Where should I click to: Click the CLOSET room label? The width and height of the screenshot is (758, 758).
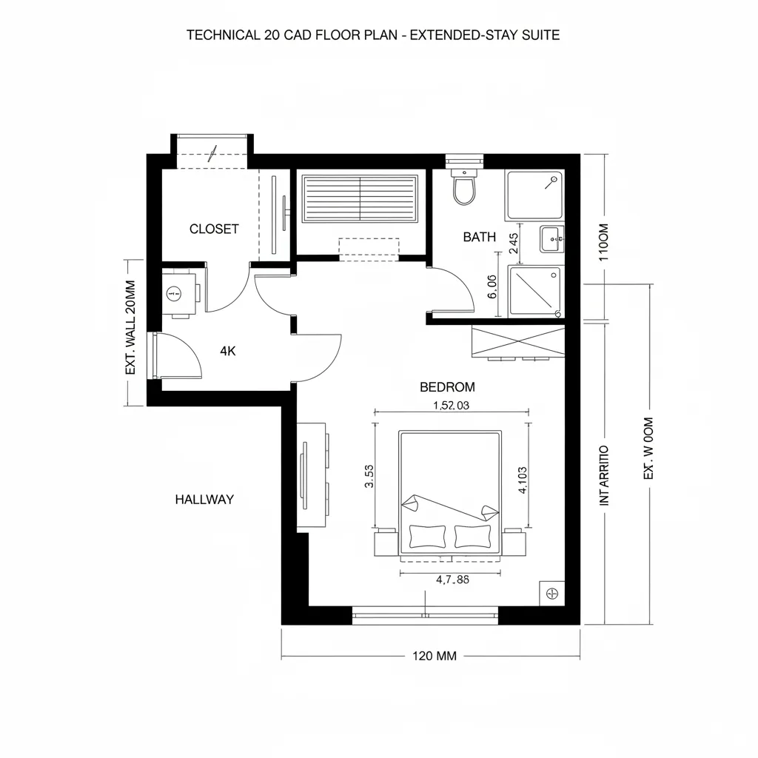pos(214,229)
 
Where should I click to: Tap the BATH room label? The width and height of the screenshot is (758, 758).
pos(479,237)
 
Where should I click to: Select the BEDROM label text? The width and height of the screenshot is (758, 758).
pos(447,386)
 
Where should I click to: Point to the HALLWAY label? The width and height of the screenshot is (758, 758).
pos(204,499)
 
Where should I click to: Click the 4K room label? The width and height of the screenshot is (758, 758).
pos(228,352)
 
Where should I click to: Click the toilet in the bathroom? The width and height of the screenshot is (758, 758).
pos(464,188)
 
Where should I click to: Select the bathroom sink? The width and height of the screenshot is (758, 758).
pos(551,238)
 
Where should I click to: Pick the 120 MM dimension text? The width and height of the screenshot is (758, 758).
pos(434,656)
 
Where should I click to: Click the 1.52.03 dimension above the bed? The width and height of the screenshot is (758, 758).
pos(451,405)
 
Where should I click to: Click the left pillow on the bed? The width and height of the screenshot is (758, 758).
pos(427,536)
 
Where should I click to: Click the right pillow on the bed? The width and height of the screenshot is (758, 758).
pos(474,536)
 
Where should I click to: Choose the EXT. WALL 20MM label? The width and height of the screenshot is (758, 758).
pos(131,328)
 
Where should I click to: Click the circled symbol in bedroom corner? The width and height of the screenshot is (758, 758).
pos(551,592)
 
